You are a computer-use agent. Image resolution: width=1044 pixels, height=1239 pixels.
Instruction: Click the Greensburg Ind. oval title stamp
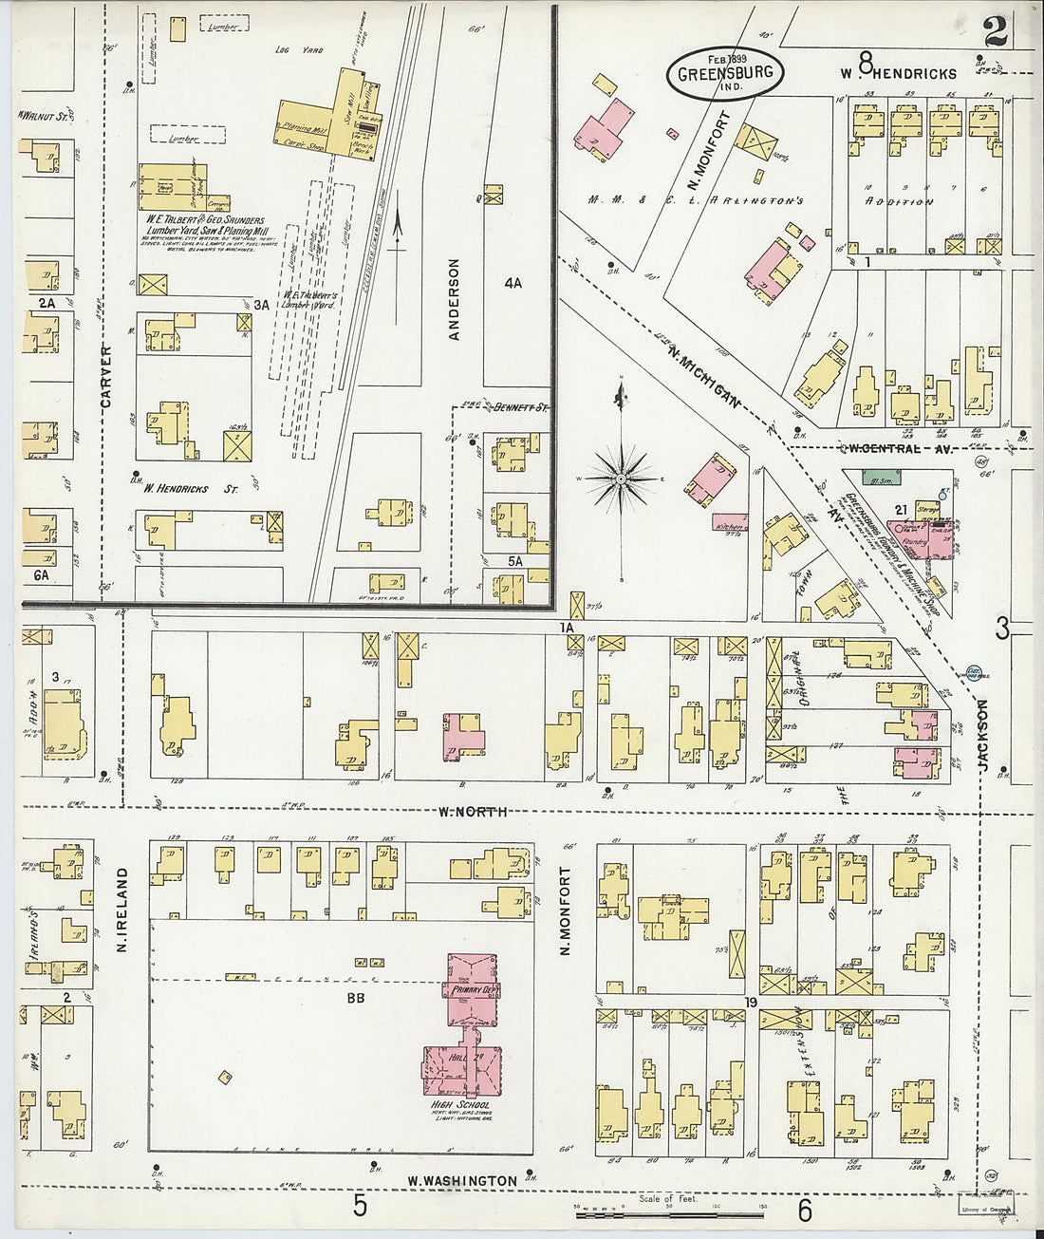click(x=724, y=71)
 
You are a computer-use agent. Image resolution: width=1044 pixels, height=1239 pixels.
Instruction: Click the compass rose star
click(x=620, y=479)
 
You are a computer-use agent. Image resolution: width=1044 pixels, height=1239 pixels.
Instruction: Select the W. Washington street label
click(x=462, y=1181)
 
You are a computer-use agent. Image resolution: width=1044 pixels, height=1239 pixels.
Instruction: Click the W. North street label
click(x=473, y=812)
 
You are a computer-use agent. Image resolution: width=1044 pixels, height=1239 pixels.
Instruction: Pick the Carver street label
click(x=106, y=377)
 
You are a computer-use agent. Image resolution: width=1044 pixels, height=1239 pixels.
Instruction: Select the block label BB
click(x=356, y=998)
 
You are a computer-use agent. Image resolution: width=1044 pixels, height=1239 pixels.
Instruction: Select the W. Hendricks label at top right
click(x=897, y=73)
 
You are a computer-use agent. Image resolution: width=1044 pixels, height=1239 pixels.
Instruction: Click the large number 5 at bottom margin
click(x=360, y=1206)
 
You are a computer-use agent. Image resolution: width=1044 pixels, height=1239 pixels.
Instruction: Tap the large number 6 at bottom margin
click(x=805, y=1210)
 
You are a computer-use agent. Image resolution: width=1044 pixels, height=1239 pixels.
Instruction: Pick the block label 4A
click(x=513, y=283)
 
